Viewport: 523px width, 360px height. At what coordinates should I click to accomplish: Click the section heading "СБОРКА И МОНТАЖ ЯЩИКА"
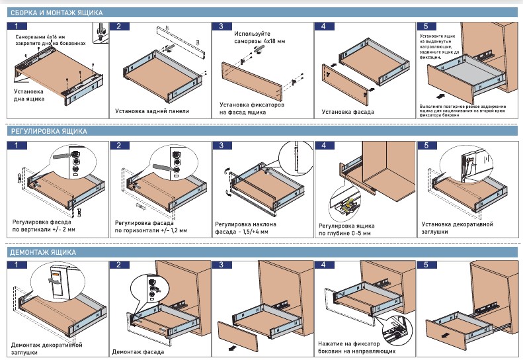56,11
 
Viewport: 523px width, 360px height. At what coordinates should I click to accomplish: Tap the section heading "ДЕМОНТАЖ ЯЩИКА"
43,253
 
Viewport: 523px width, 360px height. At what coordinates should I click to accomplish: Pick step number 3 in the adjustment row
220,146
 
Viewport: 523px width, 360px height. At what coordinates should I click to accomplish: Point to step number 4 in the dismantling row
323,265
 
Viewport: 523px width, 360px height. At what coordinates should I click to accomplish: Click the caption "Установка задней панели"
152,111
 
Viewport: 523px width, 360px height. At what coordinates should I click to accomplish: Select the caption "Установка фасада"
348,112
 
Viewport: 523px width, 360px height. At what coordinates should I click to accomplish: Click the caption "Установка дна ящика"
28,95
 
